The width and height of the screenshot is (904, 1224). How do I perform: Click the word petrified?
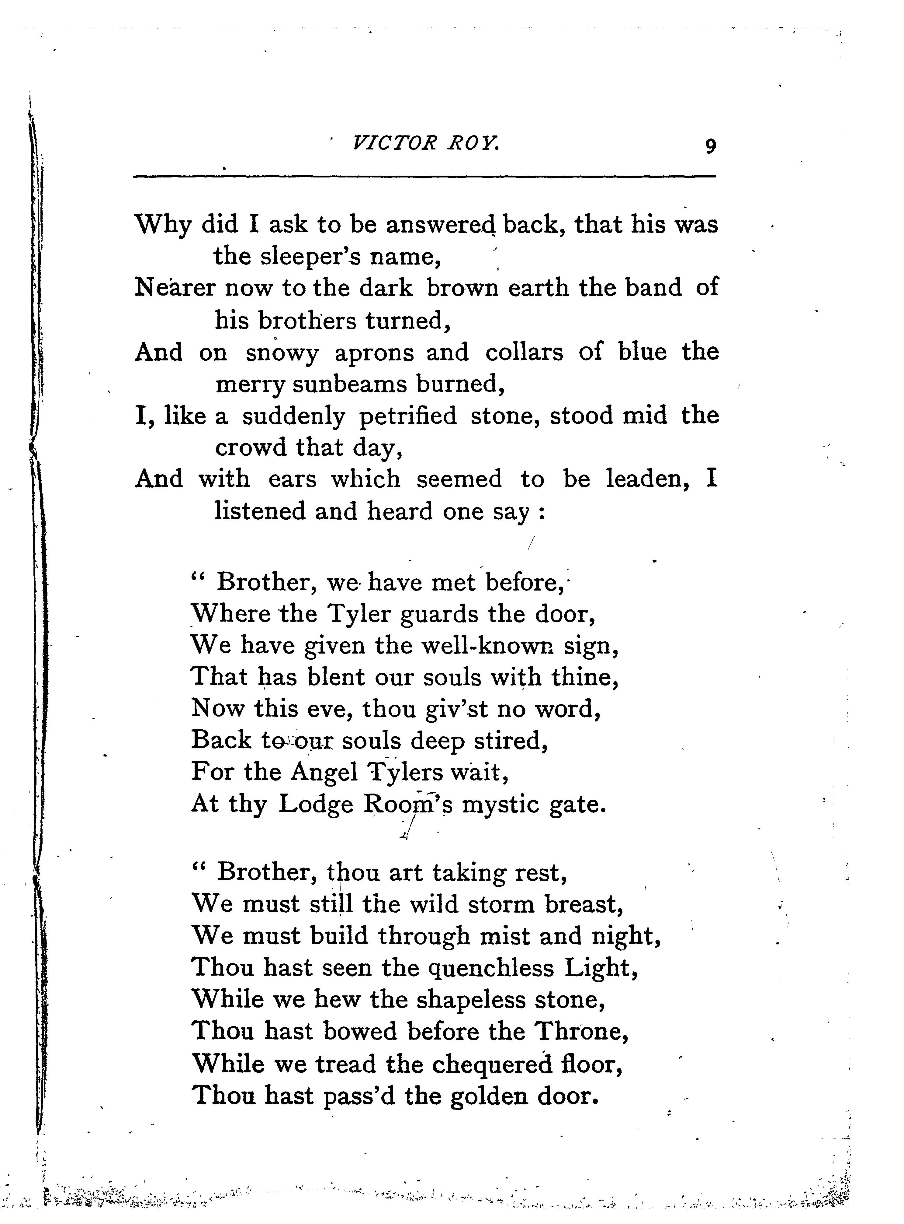408,416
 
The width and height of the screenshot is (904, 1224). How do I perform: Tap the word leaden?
646,479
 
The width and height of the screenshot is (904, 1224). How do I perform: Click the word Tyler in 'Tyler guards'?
359,615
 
